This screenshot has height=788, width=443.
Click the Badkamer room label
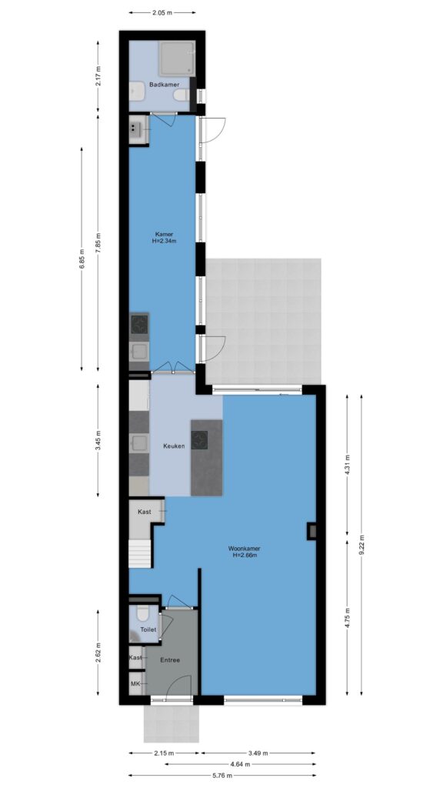click(x=164, y=85)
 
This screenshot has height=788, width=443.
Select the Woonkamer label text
click(x=244, y=549)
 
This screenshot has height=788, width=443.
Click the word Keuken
click(x=175, y=446)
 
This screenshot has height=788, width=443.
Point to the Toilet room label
click(x=148, y=629)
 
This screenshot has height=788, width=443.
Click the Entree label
click(x=170, y=659)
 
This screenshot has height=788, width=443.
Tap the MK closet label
click(x=135, y=683)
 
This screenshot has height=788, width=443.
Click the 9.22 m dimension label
click(x=361, y=545)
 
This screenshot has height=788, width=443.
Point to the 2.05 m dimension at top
click(x=162, y=12)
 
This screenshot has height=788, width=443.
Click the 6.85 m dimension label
click(x=82, y=259)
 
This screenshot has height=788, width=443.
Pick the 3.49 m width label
click(x=258, y=753)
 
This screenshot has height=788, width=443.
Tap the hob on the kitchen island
click(x=200, y=439)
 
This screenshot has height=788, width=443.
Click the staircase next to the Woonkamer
click(x=140, y=553)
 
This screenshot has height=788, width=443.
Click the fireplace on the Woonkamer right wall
click(x=311, y=531)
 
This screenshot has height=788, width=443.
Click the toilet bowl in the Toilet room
click(x=142, y=614)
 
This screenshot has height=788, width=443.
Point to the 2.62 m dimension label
click(x=98, y=653)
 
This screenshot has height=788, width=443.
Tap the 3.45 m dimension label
click(x=98, y=441)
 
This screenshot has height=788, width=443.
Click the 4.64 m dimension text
click(x=241, y=764)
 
